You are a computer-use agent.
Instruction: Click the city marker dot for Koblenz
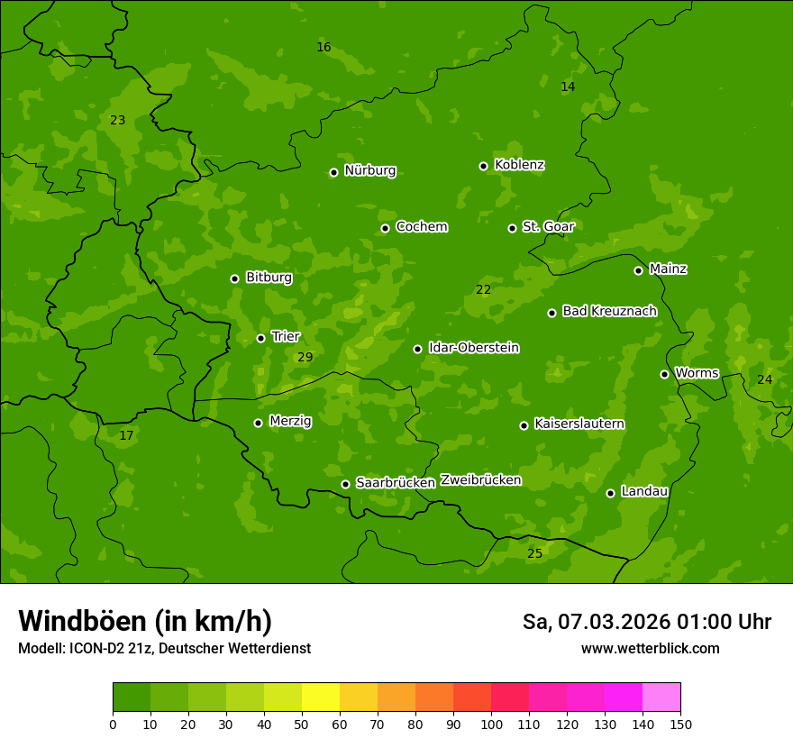coord(483,166)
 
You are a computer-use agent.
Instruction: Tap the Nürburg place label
coord(370,170)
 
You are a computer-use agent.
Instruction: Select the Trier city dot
coord(260,338)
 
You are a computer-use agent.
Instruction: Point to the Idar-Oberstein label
coord(474,348)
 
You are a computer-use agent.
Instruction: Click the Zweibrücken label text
coord(480,480)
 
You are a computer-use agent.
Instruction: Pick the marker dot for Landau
coord(610,493)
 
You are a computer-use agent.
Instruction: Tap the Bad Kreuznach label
coord(609,311)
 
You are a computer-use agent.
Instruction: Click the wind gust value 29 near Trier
coord(305,358)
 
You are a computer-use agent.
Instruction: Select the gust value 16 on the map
coord(324,47)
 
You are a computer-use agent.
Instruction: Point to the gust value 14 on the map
coord(567,87)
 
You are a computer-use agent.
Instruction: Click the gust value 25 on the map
coord(534,553)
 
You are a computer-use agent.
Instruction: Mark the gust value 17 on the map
coord(126,435)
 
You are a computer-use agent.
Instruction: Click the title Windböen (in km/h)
coord(145,621)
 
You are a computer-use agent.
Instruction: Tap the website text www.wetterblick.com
coord(650,648)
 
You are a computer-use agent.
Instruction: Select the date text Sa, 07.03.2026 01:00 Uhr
coord(646,622)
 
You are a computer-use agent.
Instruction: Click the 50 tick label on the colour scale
coord(302,724)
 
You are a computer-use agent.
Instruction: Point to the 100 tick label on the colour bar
coord(491,724)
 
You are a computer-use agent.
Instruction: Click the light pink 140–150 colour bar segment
coord(661,698)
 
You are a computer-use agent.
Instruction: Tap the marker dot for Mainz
coord(638,270)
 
